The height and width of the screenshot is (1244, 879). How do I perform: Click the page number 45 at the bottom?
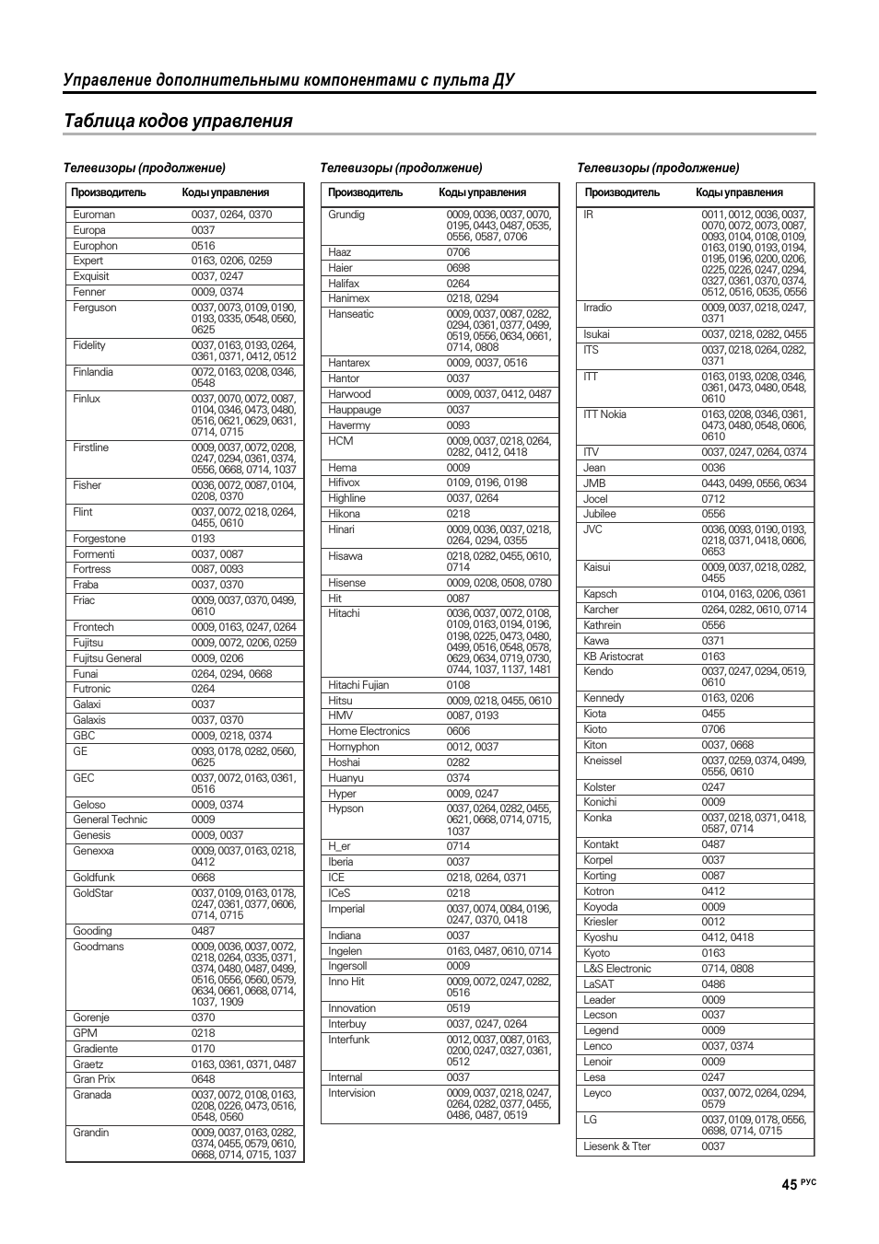(789, 1185)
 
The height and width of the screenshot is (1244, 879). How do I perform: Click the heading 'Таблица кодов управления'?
(179, 122)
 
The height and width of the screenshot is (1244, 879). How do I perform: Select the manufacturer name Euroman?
(94, 215)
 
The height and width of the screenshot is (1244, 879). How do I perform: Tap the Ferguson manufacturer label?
(95, 308)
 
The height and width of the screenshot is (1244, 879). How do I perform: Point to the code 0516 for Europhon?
(204, 246)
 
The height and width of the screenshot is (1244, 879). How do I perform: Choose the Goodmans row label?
(99, 947)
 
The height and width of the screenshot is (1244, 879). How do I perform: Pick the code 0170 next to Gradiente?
(204, 1049)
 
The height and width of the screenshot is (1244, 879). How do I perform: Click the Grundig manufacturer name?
(346, 215)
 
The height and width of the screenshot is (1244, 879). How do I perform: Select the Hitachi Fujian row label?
(358, 685)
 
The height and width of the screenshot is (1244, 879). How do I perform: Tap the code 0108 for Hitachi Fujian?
(458, 685)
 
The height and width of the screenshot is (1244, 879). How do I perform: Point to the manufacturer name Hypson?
(346, 808)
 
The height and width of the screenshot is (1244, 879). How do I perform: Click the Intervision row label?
(352, 1093)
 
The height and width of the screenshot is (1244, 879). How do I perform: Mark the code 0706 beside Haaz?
(458, 252)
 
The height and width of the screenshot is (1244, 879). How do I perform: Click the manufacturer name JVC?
(592, 529)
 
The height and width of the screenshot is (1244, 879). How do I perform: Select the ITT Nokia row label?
(604, 414)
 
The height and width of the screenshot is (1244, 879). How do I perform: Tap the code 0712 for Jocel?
(713, 499)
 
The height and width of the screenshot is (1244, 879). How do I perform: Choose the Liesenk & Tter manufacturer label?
(617, 1146)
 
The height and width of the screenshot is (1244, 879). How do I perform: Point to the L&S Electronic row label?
(617, 969)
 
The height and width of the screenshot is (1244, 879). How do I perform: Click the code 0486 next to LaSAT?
(713, 984)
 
